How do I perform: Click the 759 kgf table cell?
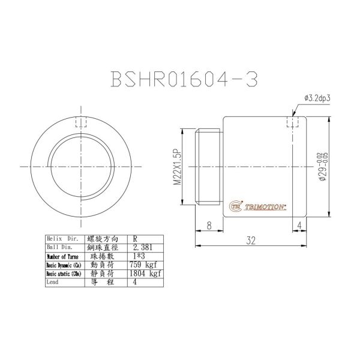[x=145, y=264]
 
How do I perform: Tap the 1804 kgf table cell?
[x=147, y=273]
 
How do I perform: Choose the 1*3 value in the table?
[x=140, y=256]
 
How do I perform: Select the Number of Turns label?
[x=62, y=256]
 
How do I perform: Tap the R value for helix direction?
[x=137, y=238]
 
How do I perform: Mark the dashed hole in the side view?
[x=293, y=121]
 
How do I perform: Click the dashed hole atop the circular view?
[x=83, y=123]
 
